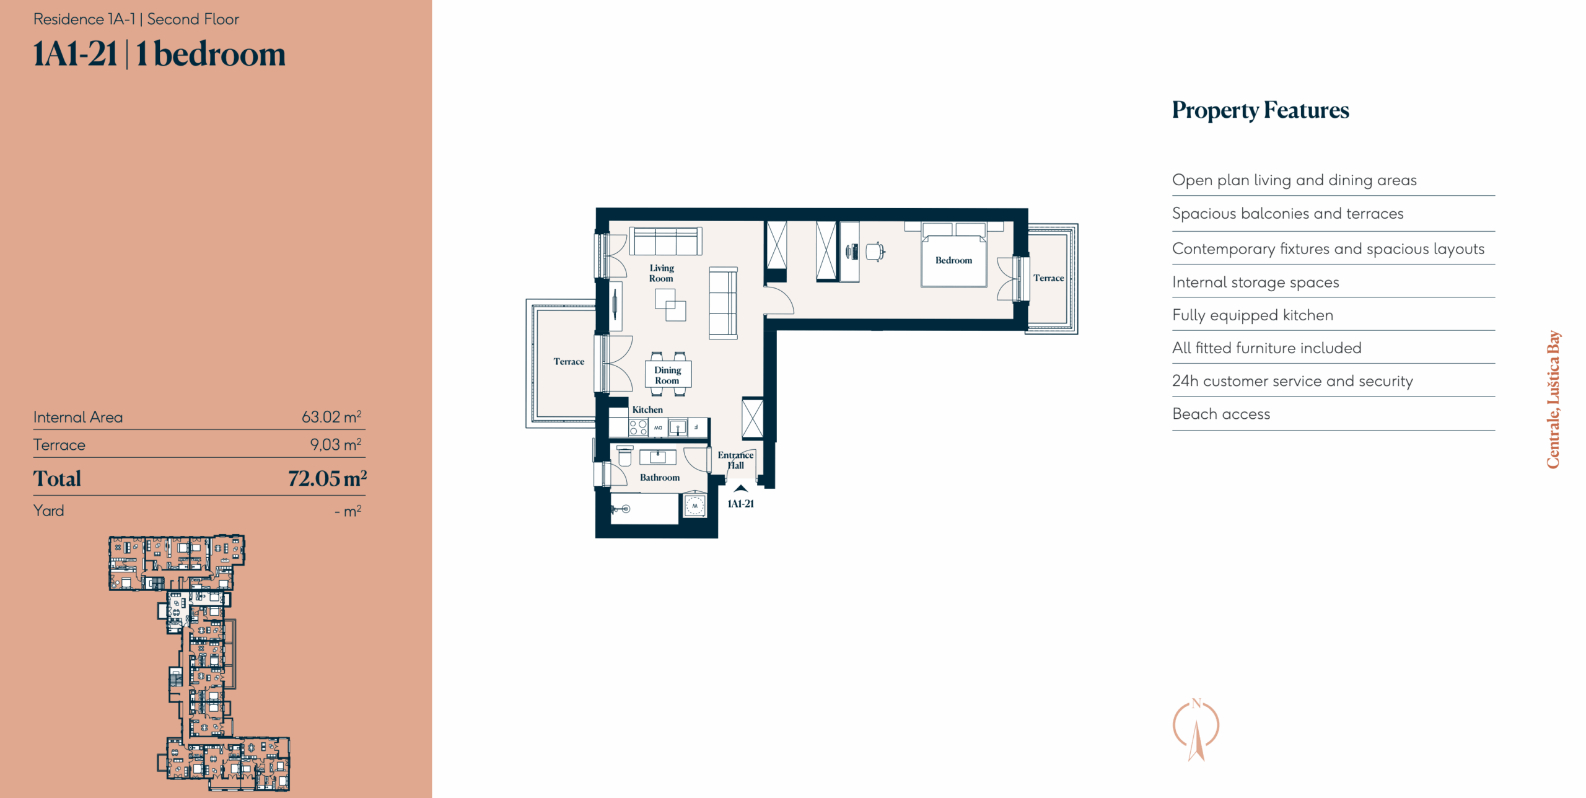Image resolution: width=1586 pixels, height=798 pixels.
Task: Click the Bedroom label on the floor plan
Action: coord(953,260)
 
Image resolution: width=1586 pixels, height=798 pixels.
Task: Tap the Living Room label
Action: coord(662,273)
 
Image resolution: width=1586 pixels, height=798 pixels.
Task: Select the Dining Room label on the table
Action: coord(667,375)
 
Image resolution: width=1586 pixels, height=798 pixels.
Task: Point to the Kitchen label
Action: coord(647,410)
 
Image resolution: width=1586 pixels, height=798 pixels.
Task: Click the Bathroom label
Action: coord(660,477)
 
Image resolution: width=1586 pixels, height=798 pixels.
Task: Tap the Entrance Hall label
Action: coord(735,460)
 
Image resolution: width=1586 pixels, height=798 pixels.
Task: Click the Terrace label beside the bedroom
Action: coord(1048,278)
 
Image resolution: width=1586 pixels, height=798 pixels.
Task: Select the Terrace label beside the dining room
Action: coord(569,361)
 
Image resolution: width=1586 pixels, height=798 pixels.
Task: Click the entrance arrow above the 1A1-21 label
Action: coord(741,488)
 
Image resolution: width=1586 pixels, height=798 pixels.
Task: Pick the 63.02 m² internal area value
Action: coord(331,416)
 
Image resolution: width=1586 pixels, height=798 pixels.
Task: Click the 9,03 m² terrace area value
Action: coord(336,444)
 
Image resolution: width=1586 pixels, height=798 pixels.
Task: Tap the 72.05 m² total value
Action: coord(327,478)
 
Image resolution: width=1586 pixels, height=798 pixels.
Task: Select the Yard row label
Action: coord(49,511)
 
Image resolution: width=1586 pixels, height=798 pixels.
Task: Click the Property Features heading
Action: coord(1260,110)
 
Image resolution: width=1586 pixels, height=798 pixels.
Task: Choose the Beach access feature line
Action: coord(1220,414)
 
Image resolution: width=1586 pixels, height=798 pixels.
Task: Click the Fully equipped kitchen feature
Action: coord(1253,315)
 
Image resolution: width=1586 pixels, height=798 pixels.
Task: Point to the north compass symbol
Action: coord(1196,729)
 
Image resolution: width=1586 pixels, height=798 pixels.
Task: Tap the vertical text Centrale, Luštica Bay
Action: coord(1553,399)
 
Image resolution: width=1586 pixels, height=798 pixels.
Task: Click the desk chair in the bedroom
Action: coord(875,252)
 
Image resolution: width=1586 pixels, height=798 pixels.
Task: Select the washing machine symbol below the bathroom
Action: coord(694,506)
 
